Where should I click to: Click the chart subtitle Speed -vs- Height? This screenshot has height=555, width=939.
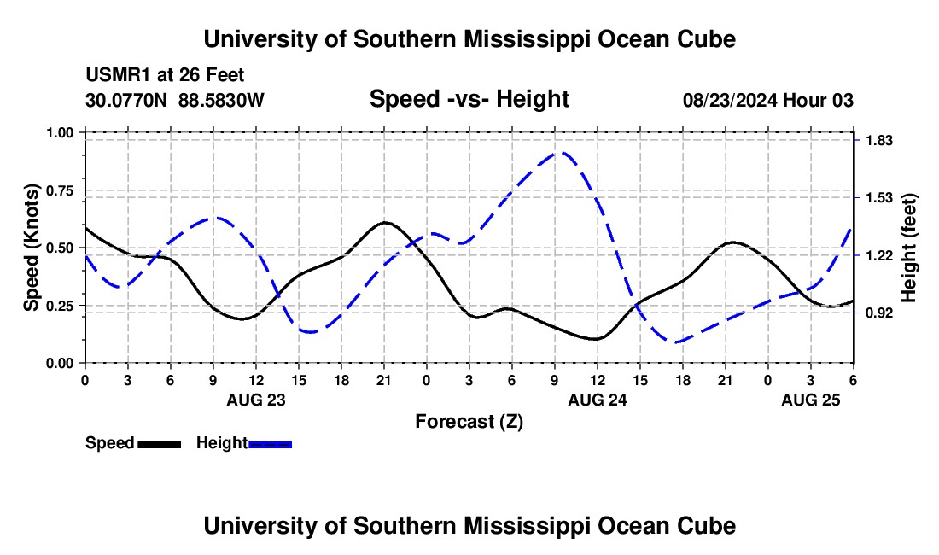[x=469, y=99]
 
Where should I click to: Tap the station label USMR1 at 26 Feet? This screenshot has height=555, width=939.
[x=165, y=75]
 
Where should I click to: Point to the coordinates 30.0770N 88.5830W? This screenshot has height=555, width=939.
[x=175, y=100]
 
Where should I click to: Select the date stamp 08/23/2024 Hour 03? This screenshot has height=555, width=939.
[x=768, y=100]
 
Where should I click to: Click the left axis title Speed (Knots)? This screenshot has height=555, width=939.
[x=32, y=248]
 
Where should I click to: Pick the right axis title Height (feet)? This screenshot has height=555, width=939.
[x=908, y=248]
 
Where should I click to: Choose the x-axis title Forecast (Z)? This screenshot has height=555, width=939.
[x=469, y=421]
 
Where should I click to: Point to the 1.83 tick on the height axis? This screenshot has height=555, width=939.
[x=878, y=140]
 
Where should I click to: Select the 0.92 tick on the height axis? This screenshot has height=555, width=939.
[x=878, y=313]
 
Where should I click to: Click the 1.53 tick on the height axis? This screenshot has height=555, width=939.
[x=878, y=197]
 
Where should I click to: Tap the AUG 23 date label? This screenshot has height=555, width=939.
[x=255, y=399]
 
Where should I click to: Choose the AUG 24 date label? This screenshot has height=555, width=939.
[x=597, y=399]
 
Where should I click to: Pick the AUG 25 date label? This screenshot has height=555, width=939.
[x=810, y=399]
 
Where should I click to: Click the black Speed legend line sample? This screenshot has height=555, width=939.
[x=159, y=443]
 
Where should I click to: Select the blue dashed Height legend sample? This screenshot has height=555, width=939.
[x=270, y=443]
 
